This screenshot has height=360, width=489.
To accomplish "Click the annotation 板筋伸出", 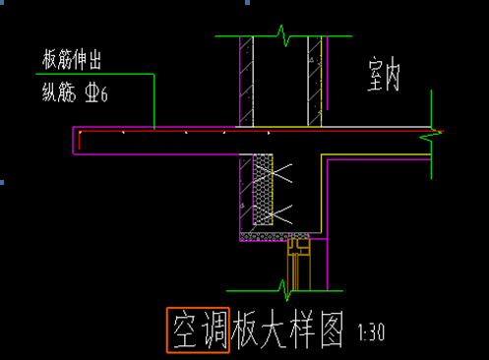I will (x=72, y=61).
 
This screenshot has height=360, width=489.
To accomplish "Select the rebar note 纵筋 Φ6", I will (x=74, y=94).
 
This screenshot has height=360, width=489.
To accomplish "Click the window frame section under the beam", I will (x=297, y=264).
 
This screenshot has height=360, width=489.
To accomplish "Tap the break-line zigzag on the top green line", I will (x=284, y=37).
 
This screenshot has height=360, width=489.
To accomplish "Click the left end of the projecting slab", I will (x=77, y=141).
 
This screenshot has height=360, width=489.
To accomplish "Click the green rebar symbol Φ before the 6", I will (x=93, y=95).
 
